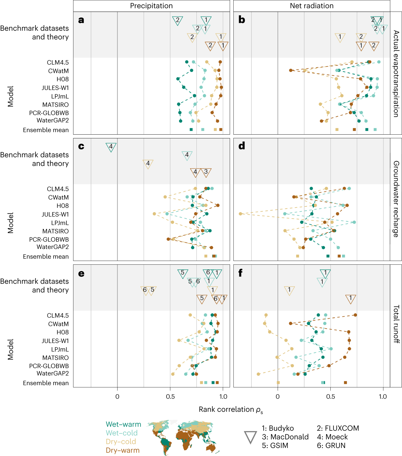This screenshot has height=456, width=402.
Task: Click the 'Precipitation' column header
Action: (x=151, y=6)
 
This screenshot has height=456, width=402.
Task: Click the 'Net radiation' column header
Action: (x=312, y=6)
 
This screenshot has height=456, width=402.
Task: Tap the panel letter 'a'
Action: (x=81, y=20)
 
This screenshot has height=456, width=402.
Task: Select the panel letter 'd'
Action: (x=242, y=146)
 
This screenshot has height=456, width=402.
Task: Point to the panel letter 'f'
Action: (x=241, y=273)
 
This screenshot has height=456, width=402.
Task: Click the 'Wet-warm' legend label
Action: (x=123, y=424)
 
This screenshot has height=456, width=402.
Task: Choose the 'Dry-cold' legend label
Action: (x=121, y=442)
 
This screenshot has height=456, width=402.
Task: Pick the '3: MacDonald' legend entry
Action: (x=285, y=437)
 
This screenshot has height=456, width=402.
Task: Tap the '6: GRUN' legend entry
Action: (x=331, y=446)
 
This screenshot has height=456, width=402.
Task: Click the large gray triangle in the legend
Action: (x=250, y=437)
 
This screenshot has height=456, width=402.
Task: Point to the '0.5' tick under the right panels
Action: (x=330, y=397)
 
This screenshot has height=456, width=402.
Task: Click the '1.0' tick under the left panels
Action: (x=223, y=397)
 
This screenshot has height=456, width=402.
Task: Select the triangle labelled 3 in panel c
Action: (x=206, y=172)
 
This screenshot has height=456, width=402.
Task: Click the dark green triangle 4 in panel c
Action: (x=111, y=147)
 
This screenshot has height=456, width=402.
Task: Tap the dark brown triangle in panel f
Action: (x=350, y=298)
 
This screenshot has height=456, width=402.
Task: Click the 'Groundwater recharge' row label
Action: (x=396, y=199)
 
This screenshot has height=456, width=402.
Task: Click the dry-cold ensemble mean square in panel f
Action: (x=278, y=383)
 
